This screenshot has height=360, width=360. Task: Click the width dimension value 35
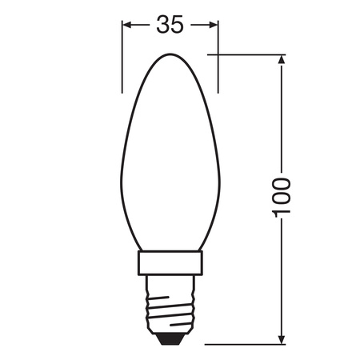tap(170, 25)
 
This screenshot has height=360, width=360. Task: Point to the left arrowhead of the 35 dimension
tap(126, 25)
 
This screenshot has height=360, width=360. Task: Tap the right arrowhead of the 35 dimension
tap(214, 25)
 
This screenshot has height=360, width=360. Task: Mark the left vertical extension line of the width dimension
tap(122, 56)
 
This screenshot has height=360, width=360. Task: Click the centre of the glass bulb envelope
tap(170, 160)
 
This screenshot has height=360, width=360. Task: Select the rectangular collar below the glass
tap(170, 263)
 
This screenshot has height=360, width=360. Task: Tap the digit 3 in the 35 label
tap(162, 25)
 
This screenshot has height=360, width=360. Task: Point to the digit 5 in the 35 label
tap(178, 25)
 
